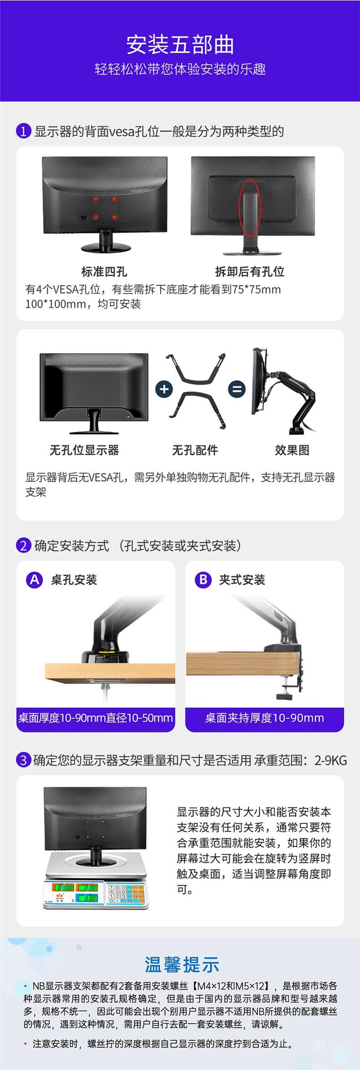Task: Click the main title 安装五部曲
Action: pyautogui.click(x=180, y=45)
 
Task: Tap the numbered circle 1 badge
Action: pyautogui.click(x=24, y=131)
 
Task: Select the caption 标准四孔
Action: pyautogui.click(x=104, y=272)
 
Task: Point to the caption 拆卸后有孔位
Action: pyautogui.click(x=250, y=272)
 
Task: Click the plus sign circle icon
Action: pyautogui.click(x=164, y=389)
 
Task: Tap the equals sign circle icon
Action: pyautogui.click(x=236, y=389)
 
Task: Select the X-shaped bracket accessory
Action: pyautogui.click(x=196, y=391)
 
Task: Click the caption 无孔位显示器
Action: pyautogui.click(x=84, y=450)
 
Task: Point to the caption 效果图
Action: pyautogui.click(x=292, y=450)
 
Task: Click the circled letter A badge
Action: pyautogui.click(x=35, y=580)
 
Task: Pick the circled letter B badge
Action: pyautogui.click(x=203, y=580)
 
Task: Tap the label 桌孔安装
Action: pyautogui.click(x=74, y=580)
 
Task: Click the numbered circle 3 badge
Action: pyautogui.click(x=24, y=760)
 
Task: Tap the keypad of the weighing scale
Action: pyautogui.click(x=126, y=894)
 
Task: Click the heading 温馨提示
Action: pyautogui.click(x=182, y=964)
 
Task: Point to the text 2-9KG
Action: pyautogui.click(x=331, y=760)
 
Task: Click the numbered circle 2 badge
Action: pyautogui.click(x=24, y=546)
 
